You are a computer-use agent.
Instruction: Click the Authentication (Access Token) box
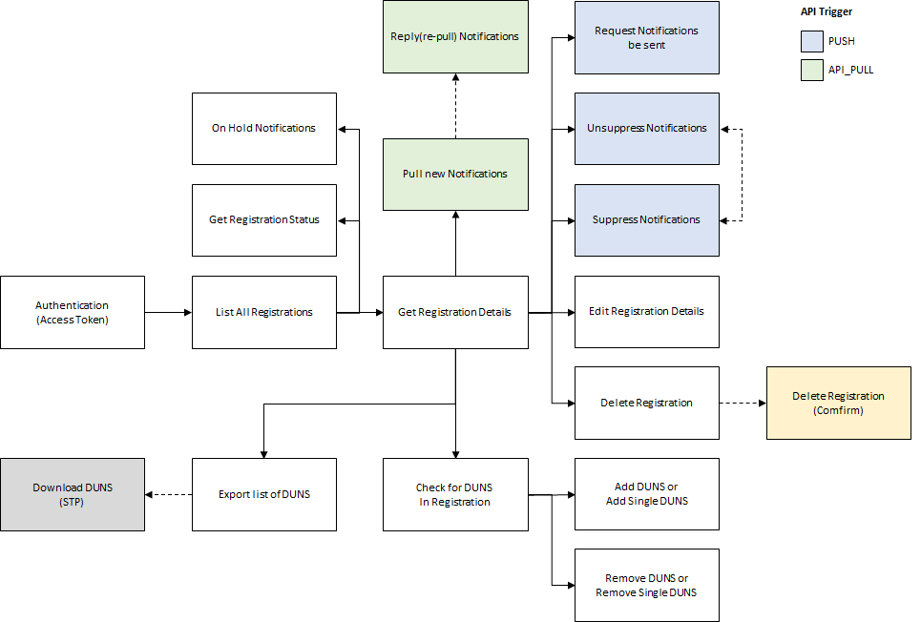pos(73,312)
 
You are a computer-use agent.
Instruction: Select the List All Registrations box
pos(264,312)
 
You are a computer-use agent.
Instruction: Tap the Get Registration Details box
pos(455,312)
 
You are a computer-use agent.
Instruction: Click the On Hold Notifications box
pos(264,128)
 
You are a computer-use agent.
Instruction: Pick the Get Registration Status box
pos(264,219)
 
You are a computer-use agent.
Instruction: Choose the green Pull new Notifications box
pos(455,175)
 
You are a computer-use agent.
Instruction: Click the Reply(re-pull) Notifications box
pos(455,37)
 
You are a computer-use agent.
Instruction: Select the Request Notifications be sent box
pos(646,37)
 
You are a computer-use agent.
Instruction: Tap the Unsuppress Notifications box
pos(646,128)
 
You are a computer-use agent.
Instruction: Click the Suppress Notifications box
pos(646,219)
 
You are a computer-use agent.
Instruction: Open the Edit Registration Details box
pos(646,312)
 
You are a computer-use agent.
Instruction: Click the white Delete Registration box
pos(646,403)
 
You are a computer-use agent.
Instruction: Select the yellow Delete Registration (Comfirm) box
pos(838,403)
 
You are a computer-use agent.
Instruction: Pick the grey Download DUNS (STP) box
pos(73,494)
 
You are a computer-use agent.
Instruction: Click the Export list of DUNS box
pos(264,494)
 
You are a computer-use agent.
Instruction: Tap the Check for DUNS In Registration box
pos(455,494)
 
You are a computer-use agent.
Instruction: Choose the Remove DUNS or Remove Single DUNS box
pos(646,586)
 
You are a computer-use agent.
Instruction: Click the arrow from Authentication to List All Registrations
pos(168,312)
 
